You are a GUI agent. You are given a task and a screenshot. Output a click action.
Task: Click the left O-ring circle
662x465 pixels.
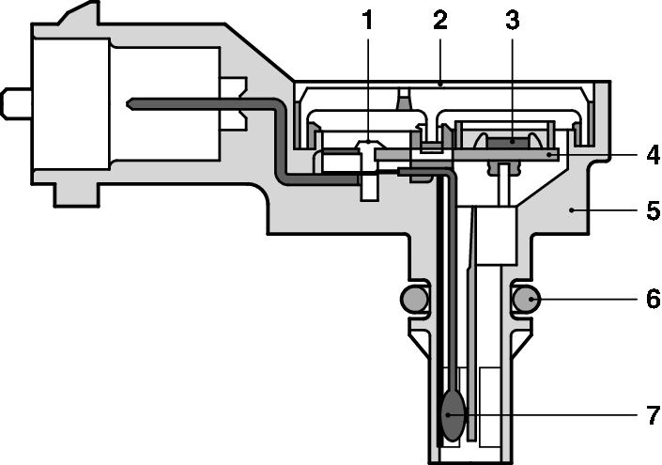(414, 300)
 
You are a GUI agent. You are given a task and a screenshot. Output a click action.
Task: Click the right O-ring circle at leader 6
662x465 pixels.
(527, 300)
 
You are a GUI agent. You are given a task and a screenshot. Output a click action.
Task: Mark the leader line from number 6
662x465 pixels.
(587, 300)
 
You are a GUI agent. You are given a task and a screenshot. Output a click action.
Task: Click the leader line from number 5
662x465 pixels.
(610, 212)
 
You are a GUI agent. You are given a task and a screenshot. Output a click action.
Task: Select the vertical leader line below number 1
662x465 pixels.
(369, 85)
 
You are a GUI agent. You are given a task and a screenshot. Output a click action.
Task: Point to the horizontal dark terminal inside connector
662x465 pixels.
(188, 101)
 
